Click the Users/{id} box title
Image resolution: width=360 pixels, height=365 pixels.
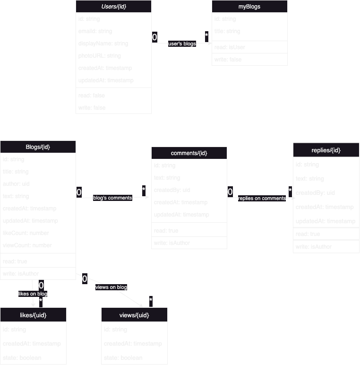pos(113,7)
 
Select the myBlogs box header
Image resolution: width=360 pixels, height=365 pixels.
pos(249,7)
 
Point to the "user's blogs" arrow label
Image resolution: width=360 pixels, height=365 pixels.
pos(182,43)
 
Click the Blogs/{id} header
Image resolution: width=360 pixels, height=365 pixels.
pos(38,147)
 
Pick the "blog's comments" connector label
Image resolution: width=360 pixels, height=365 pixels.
pos(112,198)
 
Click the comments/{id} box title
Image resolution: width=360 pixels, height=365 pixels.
pos(189,153)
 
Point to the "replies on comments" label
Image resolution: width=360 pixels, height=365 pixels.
pos(262,198)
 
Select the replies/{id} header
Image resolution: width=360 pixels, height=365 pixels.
pos(326,150)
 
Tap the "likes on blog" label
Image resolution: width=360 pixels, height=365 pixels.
pos(33,294)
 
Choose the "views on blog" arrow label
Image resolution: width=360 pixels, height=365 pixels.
pos(111,287)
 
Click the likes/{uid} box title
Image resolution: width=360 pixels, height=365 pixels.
pos(33,314)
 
